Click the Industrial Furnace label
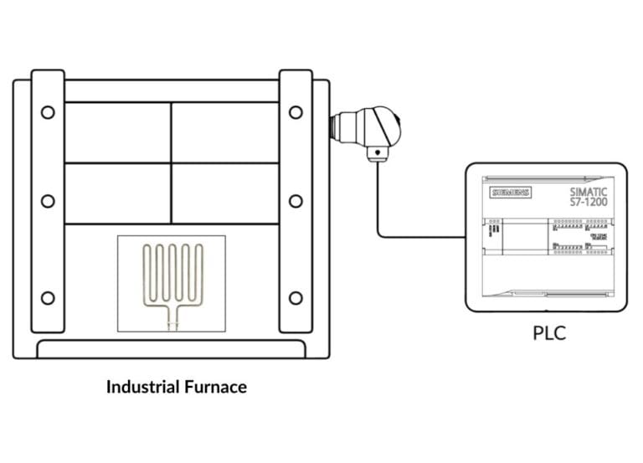177,387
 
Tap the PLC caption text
549,333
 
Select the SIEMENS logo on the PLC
510,193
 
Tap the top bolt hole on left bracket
48,112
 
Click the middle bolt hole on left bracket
48,201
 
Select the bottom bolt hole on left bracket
48,298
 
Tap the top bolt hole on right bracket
296,112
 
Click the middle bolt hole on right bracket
296,201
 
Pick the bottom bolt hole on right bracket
296,298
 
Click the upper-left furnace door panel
117,132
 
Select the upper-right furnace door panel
225,132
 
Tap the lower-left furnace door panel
117,193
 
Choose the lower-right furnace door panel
225,193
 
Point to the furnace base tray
171,349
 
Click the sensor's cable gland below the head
378,154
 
